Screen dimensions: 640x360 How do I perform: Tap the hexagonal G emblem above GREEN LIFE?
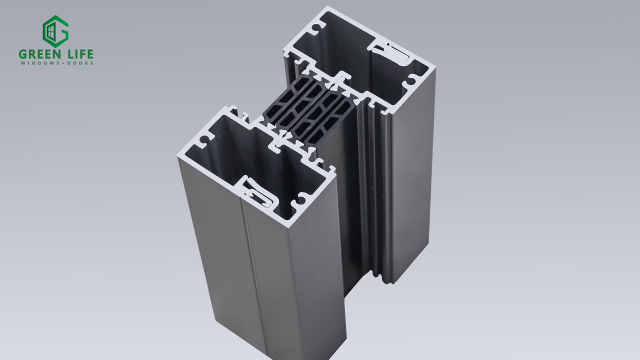[x=55, y=31]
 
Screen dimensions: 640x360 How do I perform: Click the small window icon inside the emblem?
[x=50, y=31]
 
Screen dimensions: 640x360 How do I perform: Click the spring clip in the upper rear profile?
[x=391, y=53]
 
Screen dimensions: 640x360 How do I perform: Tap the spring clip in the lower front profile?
[x=258, y=192]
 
